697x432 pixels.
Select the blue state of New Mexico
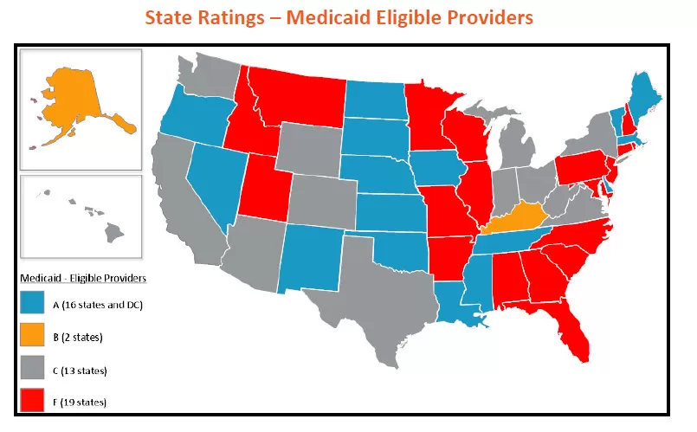coord(311,256)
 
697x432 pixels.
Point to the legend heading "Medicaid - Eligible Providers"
coord(82,278)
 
